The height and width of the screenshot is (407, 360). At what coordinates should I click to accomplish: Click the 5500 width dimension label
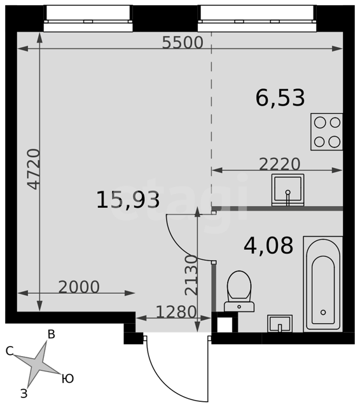point(183,43)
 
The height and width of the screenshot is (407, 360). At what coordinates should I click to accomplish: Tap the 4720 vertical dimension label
point(34,169)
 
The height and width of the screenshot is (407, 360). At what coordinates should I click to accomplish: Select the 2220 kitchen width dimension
point(280,164)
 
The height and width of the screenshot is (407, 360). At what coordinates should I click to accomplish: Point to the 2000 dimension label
point(79,287)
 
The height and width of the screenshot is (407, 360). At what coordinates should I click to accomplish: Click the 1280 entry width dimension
point(176,312)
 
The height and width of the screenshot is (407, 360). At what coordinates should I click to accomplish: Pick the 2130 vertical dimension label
point(191,275)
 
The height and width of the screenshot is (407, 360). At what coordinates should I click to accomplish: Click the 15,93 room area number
point(128,199)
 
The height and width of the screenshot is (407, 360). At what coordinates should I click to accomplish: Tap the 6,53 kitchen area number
point(280,97)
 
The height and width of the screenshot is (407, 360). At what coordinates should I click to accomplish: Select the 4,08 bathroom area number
point(268,245)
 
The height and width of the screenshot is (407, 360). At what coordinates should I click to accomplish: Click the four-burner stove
point(327,132)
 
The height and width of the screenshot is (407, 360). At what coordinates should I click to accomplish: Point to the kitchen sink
point(287,190)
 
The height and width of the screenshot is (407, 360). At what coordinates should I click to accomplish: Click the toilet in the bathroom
point(239,291)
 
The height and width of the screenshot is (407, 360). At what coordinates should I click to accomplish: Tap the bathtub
point(323,284)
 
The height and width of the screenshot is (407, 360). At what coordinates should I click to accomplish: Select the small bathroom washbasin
point(280,324)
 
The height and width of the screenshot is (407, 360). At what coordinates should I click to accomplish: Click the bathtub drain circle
point(323,312)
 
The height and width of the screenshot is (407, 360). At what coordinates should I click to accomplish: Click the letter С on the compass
point(10,351)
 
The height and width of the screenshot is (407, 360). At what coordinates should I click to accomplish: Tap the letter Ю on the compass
point(68,379)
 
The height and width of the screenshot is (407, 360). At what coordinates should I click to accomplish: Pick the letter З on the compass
point(24,394)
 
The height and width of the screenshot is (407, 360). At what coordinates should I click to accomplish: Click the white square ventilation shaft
point(225,325)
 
